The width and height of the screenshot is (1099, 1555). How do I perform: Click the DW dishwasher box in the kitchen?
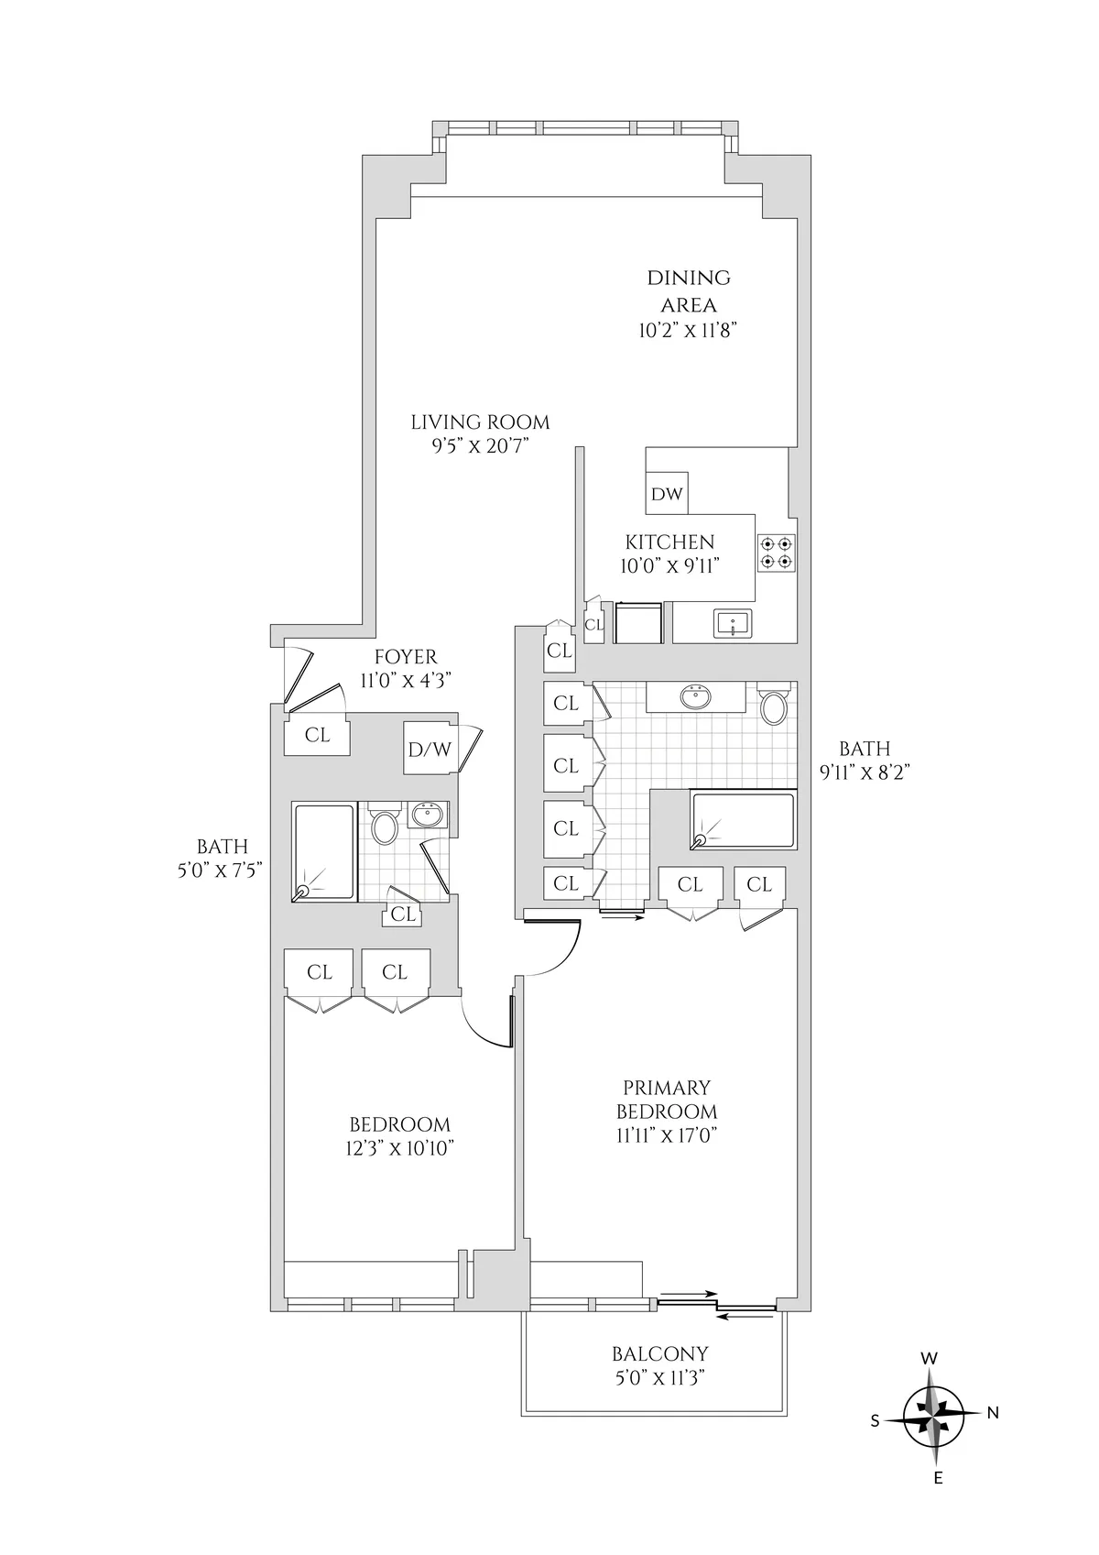(x=667, y=494)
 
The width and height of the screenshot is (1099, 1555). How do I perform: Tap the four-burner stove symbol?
(x=777, y=553)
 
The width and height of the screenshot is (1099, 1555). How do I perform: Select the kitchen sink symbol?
(x=733, y=624)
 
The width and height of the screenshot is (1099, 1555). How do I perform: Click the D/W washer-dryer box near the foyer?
(x=430, y=749)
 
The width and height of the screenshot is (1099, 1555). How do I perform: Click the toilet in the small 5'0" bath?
(x=385, y=827)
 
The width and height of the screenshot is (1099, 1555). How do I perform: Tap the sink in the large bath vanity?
(x=697, y=698)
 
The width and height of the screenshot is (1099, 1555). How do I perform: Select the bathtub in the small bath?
(x=323, y=852)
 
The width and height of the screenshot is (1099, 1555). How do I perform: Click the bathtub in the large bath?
(x=743, y=821)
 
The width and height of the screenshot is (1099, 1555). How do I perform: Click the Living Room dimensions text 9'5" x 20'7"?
(x=480, y=446)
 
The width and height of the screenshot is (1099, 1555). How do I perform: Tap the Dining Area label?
(x=689, y=290)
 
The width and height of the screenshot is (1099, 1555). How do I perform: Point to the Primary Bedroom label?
(x=667, y=1099)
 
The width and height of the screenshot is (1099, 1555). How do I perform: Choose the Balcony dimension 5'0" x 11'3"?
(x=660, y=1376)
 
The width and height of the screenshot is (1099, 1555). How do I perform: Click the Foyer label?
(x=406, y=657)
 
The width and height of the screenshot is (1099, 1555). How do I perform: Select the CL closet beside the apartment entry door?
(x=317, y=736)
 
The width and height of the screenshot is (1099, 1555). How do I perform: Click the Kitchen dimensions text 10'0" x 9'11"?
(x=669, y=565)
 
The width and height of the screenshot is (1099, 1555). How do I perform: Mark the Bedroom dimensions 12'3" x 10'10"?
(x=400, y=1148)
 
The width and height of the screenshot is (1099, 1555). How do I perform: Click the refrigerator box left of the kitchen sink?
(x=638, y=622)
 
